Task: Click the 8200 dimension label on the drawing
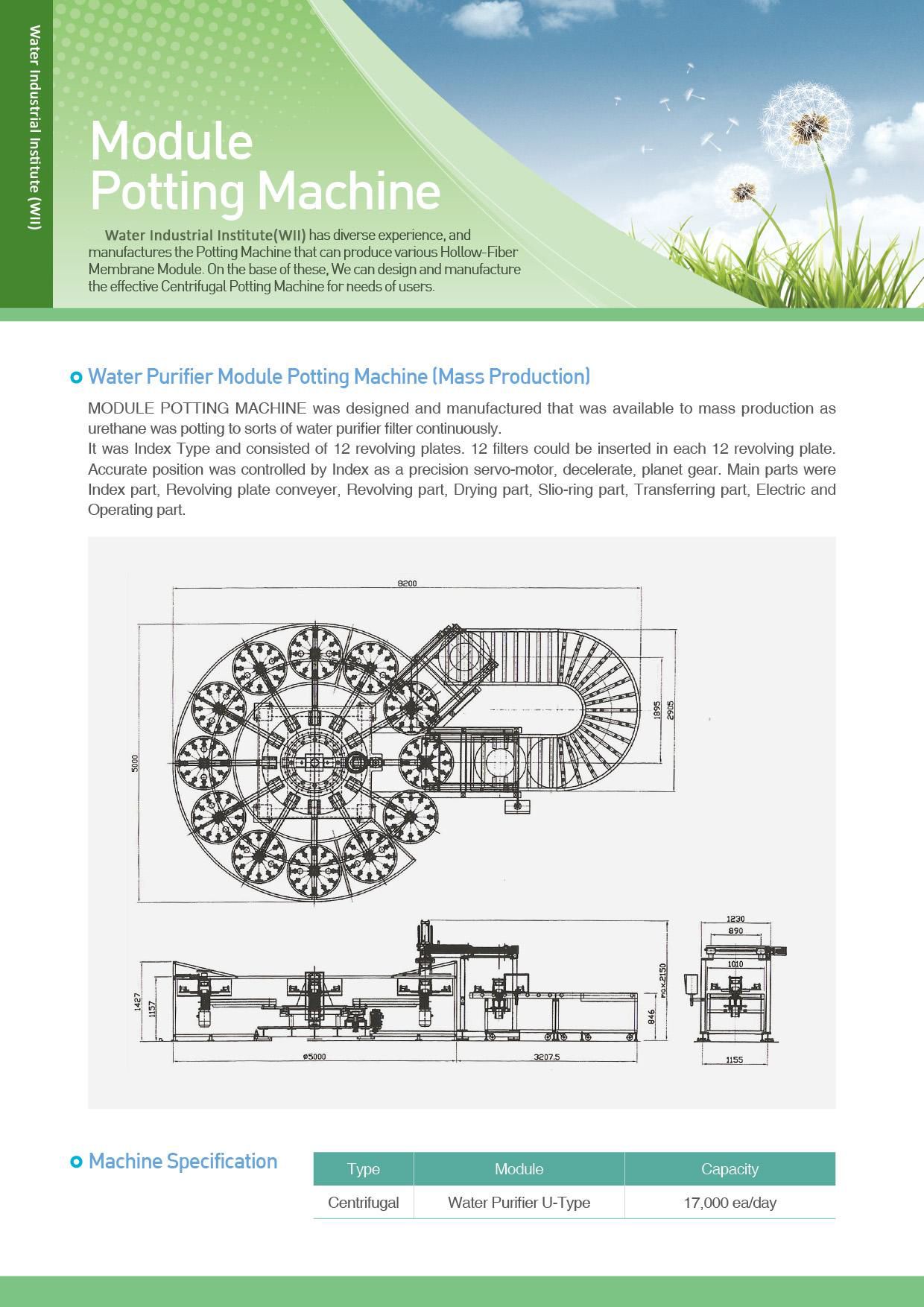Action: (407, 583)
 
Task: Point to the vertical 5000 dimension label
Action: (135, 763)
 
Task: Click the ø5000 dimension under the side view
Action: (314, 1056)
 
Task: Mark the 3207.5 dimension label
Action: (546, 1056)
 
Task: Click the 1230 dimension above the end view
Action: (735, 920)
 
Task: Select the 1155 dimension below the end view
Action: (734, 1060)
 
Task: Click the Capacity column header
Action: (730, 1169)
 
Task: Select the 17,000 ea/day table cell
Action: (730, 1203)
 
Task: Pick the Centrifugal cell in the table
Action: (364, 1203)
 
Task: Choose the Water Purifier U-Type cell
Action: (519, 1203)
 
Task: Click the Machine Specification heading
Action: (183, 1161)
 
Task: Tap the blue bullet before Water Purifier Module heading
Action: (75, 377)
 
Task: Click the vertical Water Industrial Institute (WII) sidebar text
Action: (34, 127)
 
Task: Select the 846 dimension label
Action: (650, 1018)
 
